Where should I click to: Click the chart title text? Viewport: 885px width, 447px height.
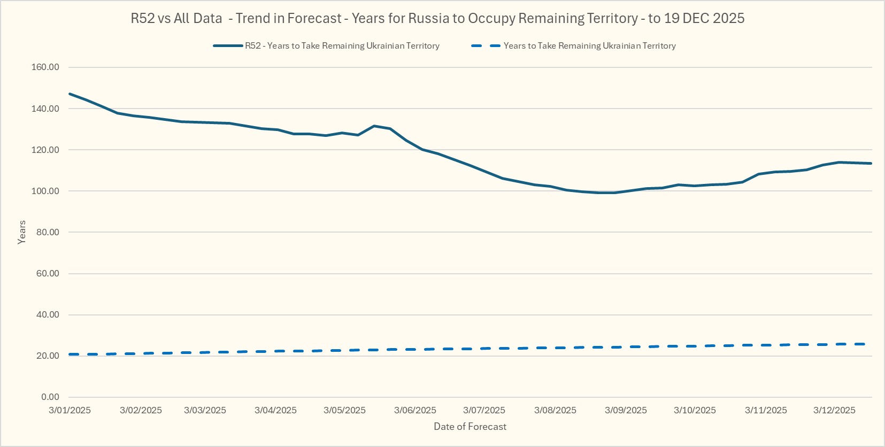tap(437, 18)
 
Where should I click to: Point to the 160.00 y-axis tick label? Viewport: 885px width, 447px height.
tap(45, 67)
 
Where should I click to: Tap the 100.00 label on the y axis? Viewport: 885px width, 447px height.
tap(45, 191)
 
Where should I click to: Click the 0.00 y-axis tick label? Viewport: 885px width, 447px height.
tap(50, 397)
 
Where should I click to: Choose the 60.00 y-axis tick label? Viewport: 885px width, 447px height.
tap(48, 273)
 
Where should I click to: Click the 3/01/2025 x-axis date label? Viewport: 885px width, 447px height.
tap(70, 410)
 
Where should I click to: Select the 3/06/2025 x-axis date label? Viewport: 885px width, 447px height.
tap(415, 410)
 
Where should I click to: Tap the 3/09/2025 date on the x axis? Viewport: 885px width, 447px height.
tap(626, 410)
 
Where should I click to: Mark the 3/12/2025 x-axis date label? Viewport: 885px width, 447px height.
tap(834, 410)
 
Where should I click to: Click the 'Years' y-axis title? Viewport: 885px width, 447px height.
tap(22, 232)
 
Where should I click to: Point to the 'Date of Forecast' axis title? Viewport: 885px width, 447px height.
tap(470, 427)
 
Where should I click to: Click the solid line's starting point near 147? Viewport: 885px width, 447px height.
tap(70, 94)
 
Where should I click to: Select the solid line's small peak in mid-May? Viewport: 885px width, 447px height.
tap(374, 126)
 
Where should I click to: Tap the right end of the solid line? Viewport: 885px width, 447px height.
tap(871, 163)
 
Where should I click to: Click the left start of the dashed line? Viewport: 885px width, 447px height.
tap(70, 354)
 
